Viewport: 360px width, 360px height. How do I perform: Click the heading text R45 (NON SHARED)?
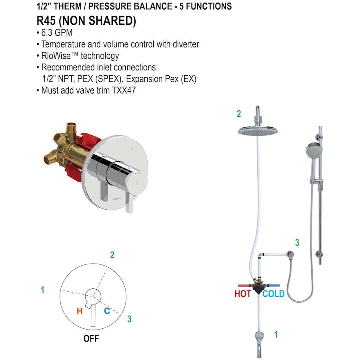click(86, 21)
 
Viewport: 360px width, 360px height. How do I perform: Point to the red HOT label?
click(243, 294)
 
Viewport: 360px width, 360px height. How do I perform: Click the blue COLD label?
click(274, 294)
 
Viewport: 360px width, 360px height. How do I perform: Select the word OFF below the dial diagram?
click(91, 338)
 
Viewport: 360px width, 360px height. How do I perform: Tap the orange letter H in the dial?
click(80, 311)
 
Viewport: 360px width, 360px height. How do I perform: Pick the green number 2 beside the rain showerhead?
click(239, 114)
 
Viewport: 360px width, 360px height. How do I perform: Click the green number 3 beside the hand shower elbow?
click(297, 242)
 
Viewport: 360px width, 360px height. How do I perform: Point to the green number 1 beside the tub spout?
click(276, 334)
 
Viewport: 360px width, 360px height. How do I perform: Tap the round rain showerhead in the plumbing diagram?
click(258, 130)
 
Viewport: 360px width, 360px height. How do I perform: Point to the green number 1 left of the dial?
click(43, 290)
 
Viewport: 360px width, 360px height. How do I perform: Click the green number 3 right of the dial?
click(129, 319)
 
